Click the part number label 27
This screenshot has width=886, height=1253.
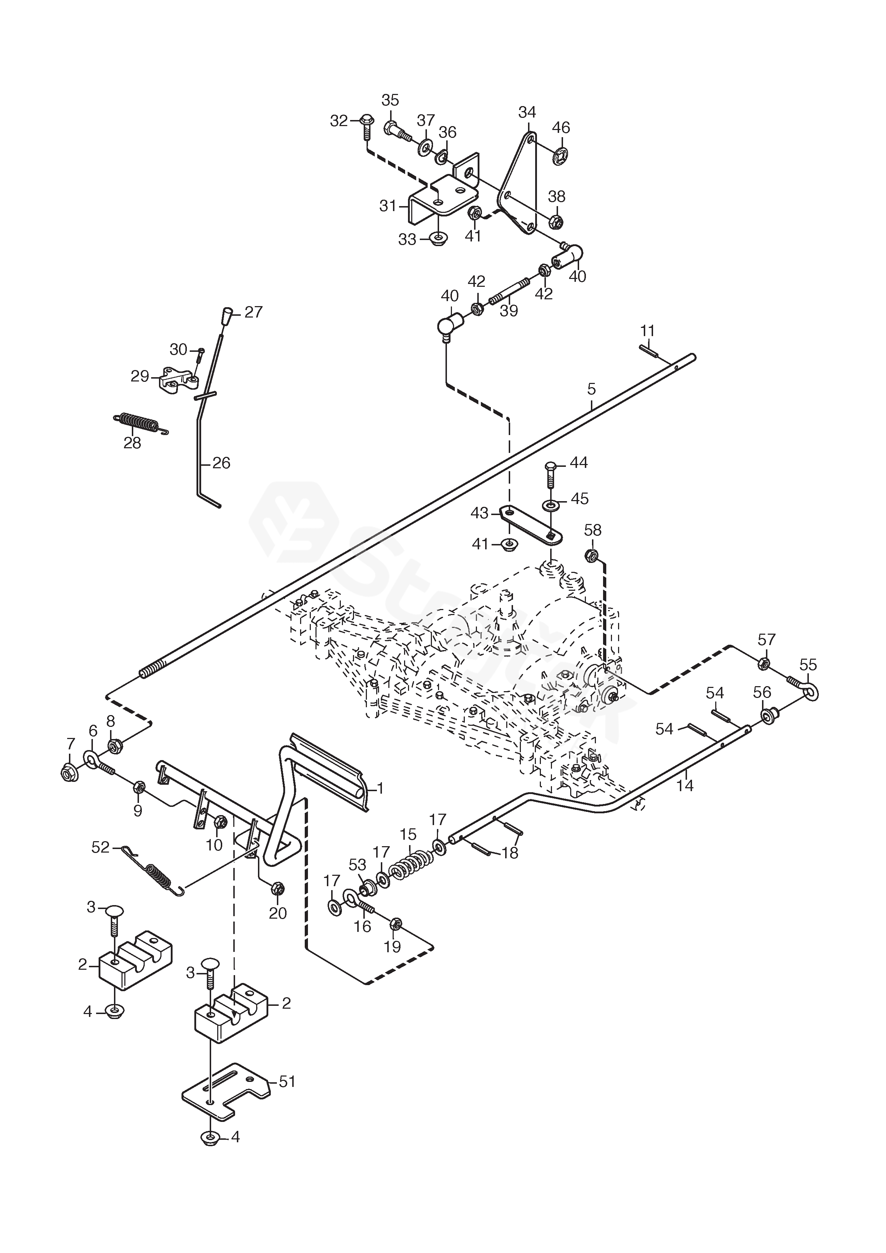(253, 312)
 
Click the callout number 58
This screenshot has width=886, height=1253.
(592, 530)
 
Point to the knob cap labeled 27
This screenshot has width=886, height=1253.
(227, 316)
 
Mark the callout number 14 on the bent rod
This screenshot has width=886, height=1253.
(685, 785)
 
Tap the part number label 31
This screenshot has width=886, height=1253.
(388, 206)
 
